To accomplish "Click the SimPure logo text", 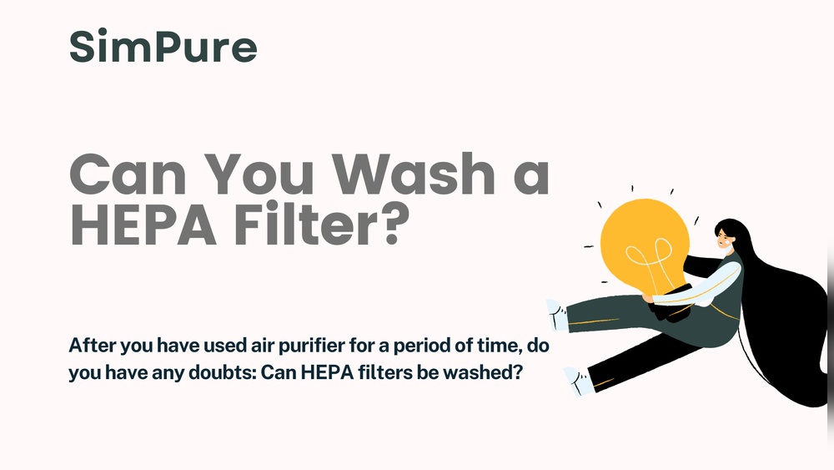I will [x=163, y=47].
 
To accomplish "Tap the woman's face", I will [x=723, y=241].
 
